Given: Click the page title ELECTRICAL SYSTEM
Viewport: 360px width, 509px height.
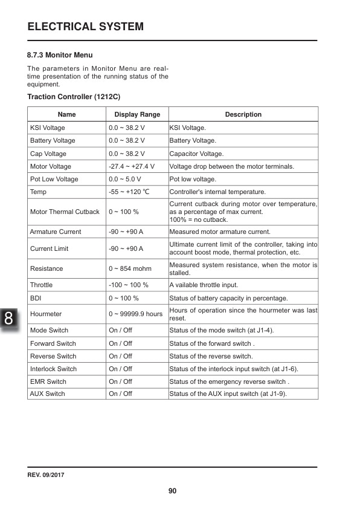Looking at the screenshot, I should (x=86, y=27).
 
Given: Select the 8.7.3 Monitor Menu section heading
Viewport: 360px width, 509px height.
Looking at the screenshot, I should (x=60, y=55).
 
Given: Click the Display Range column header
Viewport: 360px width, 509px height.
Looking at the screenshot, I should (x=137, y=114).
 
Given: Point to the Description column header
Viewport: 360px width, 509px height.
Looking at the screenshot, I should (x=243, y=114).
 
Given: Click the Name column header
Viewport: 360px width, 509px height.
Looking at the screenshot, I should (x=66, y=114).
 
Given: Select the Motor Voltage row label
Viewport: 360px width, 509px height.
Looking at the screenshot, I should (x=51, y=166).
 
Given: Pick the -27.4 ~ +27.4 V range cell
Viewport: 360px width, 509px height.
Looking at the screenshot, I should (x=132, y=166).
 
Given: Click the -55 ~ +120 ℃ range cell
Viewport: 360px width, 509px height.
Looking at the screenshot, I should (x=129, y=192).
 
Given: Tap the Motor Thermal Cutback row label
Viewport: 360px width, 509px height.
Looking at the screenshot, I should (x=65, y=212).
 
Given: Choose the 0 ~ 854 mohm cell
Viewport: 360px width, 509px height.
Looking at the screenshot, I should (x=130, y=268).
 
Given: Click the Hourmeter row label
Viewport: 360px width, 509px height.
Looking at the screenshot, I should (x=46, y=314).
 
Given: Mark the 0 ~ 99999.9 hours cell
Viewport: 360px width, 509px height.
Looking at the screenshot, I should (x=136, y=314).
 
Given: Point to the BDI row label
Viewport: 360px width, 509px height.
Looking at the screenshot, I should (x=36, y=298).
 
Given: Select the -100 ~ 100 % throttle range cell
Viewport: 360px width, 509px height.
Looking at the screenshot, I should (x=128, y=285).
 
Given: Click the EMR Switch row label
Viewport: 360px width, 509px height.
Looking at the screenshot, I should (x=48, y=381).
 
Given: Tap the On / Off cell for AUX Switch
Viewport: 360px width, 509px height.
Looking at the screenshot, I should (x=120, y=394).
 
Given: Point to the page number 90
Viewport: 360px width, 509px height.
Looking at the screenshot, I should (x=172, y=491).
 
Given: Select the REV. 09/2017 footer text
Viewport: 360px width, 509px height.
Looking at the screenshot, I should (x=46, y=475).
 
